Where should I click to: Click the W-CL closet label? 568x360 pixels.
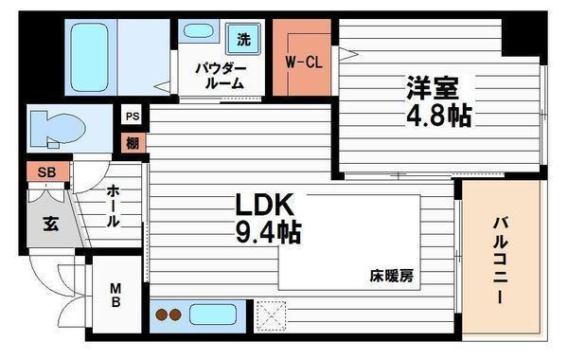tap(302, 63)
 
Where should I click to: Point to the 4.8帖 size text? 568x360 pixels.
tap(437, 117)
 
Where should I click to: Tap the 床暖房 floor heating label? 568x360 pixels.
tap(391, 277)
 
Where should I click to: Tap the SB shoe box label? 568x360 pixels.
tap(47, 173)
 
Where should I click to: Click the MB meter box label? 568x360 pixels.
tap(115, 297)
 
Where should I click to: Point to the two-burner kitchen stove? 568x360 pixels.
tap(169, 315)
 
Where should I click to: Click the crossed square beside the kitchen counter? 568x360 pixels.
tap(272, 314)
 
